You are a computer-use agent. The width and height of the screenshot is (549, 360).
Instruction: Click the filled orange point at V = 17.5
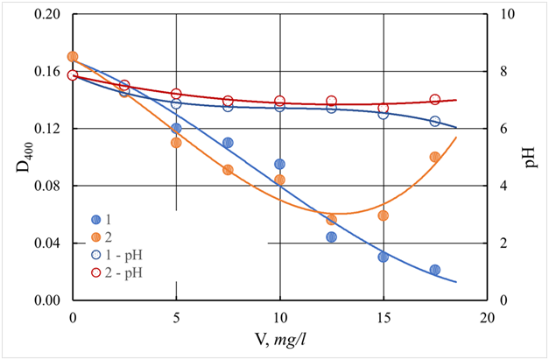435,157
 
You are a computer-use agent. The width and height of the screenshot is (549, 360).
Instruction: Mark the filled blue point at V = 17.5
435,270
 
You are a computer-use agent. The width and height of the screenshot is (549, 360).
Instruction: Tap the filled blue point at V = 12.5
332,236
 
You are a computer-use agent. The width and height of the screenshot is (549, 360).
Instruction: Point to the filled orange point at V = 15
384,215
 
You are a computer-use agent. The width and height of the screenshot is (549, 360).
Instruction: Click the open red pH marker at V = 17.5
435,100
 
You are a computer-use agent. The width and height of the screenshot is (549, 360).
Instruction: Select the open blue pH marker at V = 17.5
435,121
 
